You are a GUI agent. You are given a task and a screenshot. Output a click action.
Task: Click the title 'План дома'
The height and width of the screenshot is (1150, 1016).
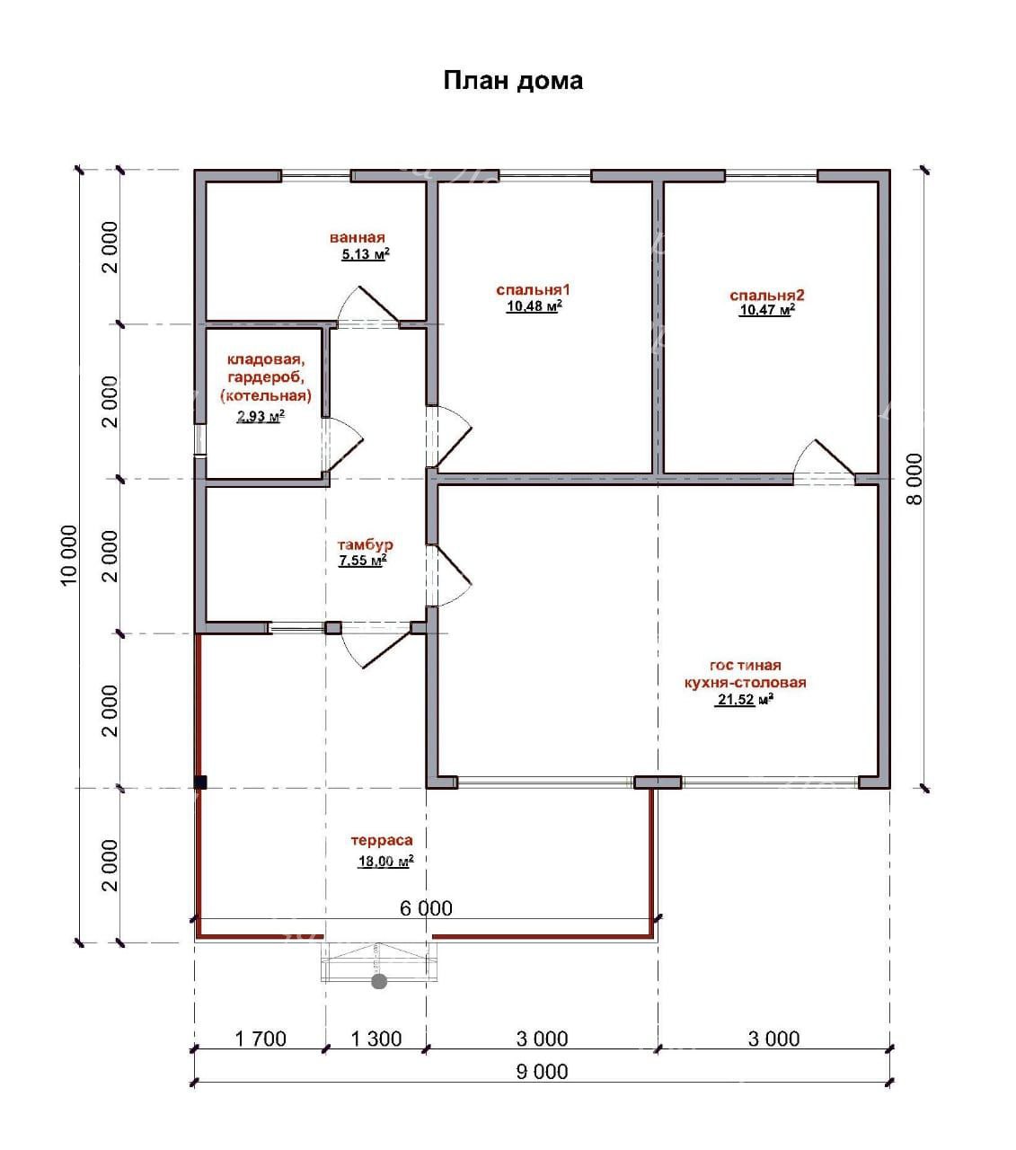point(513,81)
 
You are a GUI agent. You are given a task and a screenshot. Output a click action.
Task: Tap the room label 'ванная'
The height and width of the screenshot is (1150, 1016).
point(357,238)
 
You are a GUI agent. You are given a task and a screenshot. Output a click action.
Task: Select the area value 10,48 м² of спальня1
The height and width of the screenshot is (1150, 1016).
point(535,306)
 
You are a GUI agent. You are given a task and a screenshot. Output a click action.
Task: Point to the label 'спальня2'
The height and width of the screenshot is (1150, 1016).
point(767,296)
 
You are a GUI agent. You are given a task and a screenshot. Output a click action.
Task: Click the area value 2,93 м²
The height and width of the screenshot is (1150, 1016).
point(261,417)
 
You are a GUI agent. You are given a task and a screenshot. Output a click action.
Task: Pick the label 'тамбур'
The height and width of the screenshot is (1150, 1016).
point(365,545)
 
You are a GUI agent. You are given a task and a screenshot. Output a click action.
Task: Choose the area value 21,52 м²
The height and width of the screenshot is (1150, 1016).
point(746,700)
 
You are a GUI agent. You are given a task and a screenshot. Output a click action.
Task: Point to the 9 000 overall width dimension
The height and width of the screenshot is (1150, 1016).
point(542,1072)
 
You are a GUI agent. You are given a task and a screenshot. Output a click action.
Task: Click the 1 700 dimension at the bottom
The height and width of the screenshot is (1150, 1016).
point(261,1039)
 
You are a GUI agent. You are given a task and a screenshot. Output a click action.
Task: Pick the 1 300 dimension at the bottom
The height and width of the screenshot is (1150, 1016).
point(376,1039)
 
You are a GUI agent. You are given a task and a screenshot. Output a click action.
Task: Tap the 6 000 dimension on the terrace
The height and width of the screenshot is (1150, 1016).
point(427,908)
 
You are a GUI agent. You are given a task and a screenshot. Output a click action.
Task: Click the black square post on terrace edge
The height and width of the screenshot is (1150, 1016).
point(200,783)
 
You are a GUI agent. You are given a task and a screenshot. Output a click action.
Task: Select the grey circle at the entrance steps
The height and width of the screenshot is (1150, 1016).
point(379,981)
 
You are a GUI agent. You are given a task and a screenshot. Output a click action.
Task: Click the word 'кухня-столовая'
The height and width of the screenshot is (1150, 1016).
point(745,682)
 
